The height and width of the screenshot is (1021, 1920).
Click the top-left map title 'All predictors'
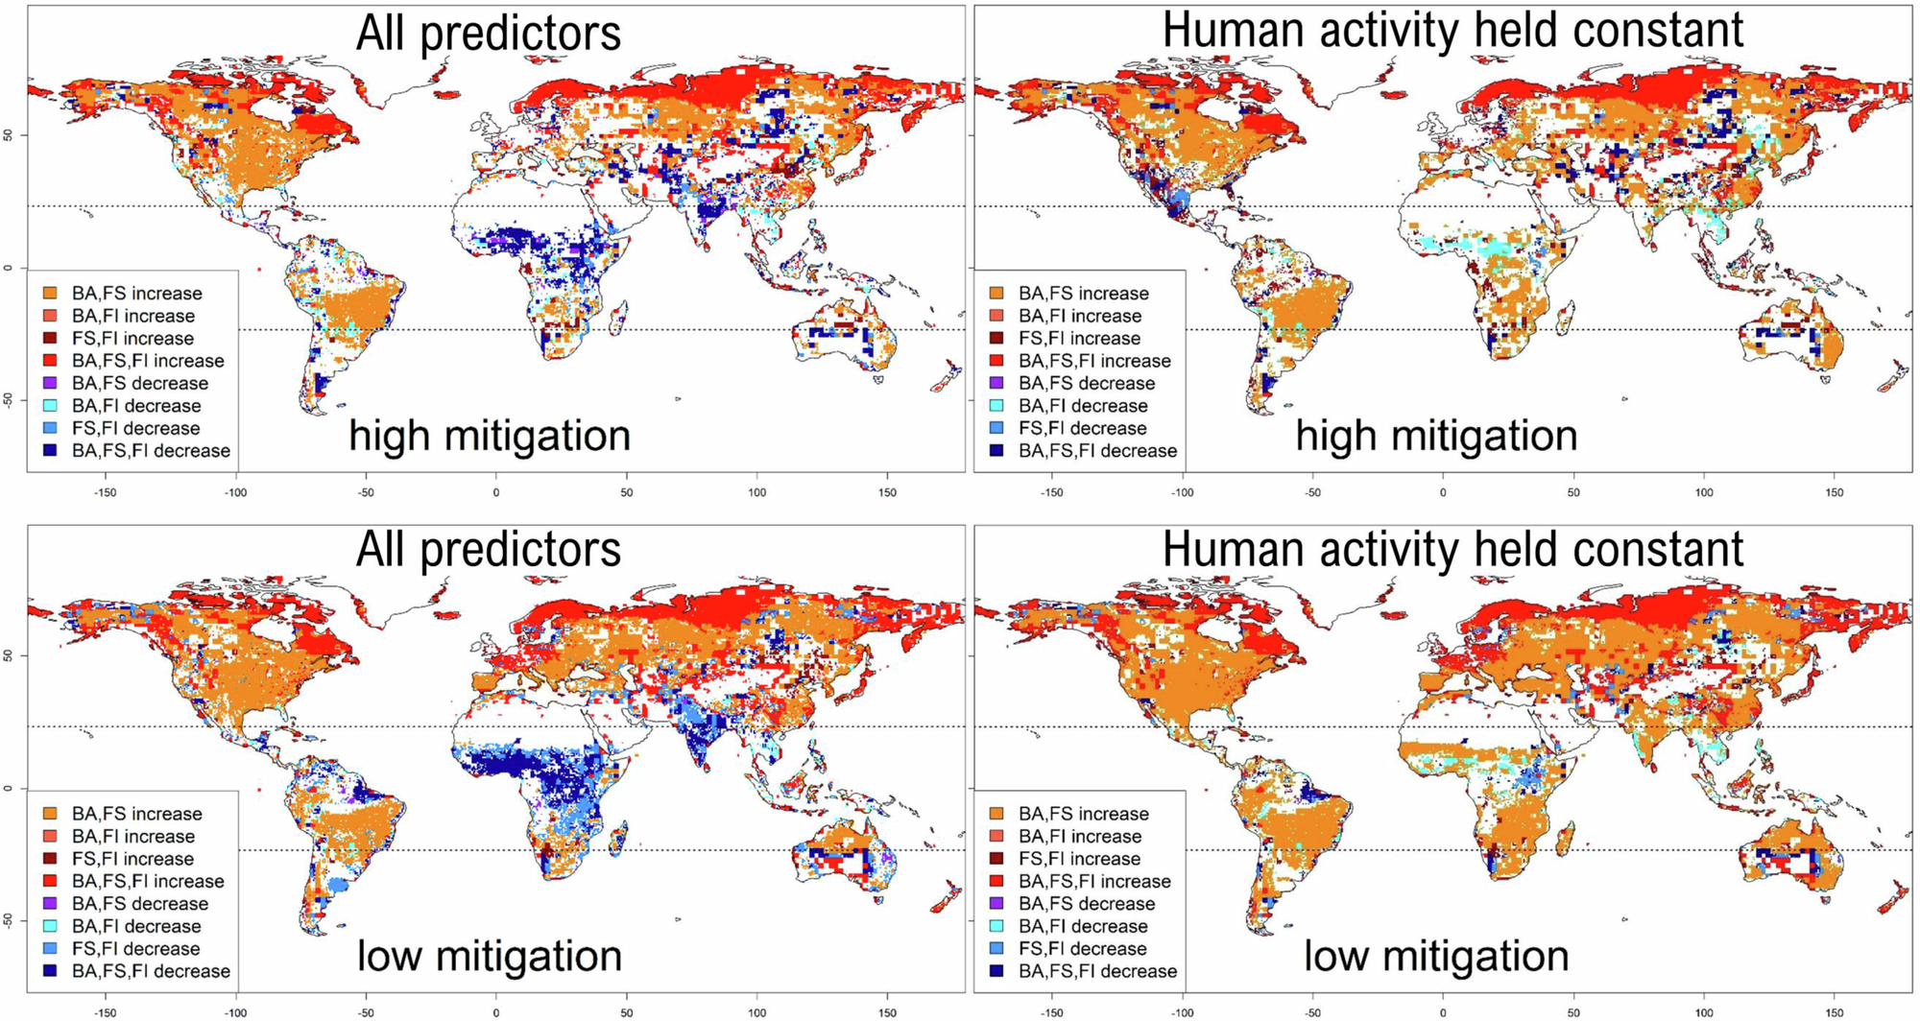click(489, 33)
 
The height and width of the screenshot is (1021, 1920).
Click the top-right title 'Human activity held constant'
click(1452, 30)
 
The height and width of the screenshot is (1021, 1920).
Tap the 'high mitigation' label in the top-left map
click(490, 436)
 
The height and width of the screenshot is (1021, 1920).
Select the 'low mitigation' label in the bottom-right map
click(1436, 956)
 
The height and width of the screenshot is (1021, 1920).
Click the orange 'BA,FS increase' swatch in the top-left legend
click(50, 294)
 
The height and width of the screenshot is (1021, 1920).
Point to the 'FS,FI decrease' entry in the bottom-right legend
click(1068, 949)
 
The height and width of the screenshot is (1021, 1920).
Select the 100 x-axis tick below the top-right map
click(1704, 492)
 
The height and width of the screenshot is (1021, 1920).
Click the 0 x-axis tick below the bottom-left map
click(496, 1012)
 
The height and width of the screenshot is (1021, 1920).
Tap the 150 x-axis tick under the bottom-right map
click(1835, 1012)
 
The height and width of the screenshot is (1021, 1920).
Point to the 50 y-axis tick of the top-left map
click(9, 135)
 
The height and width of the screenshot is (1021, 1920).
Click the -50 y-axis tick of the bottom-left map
click(9, 919)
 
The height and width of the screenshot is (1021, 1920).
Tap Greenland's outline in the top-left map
click(402, 82)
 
